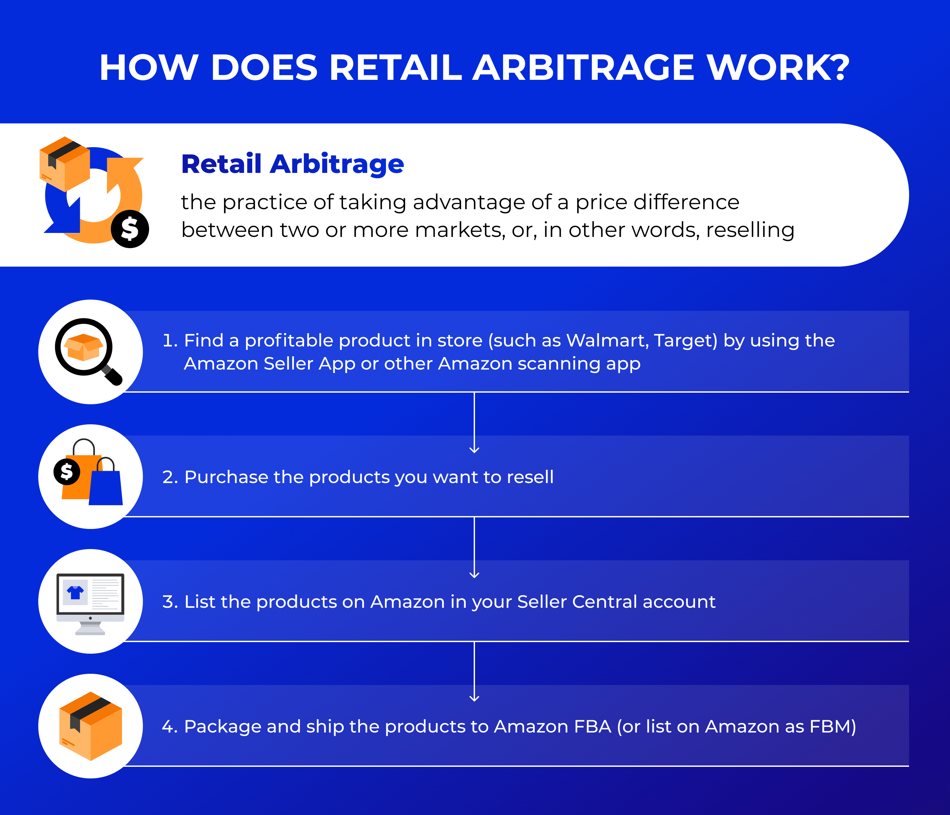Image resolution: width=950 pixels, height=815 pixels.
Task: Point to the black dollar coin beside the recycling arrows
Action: [x=130, y=229]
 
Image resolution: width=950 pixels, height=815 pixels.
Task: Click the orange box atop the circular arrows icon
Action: [x=65, y=164]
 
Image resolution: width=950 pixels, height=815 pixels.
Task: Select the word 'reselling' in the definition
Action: [x=750, y=230]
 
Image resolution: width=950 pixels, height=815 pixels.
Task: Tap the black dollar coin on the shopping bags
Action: [x=67, y=472]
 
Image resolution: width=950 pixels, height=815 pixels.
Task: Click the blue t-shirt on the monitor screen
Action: [x=76, y=593]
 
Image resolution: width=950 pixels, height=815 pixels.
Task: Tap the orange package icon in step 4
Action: [x=91, y=726]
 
